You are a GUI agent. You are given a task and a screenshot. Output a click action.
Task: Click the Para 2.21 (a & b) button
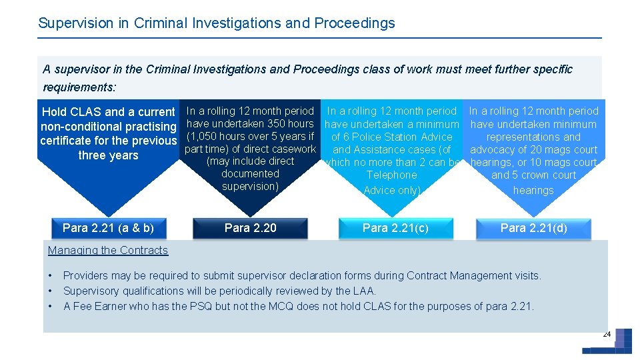coord(108,228)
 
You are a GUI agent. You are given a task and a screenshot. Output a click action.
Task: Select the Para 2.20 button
coord(250,228)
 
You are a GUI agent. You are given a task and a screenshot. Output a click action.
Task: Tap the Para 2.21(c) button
coord(395,228)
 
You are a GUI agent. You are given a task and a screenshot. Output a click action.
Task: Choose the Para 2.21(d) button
coord(533,228)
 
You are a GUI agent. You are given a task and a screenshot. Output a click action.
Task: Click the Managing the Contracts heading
coord(108,251)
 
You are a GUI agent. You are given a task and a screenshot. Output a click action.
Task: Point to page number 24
coord(607,334)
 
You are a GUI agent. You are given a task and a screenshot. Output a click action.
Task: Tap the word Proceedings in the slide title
coord(355,23)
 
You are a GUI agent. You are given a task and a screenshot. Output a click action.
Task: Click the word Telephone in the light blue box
coord(391,175)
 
